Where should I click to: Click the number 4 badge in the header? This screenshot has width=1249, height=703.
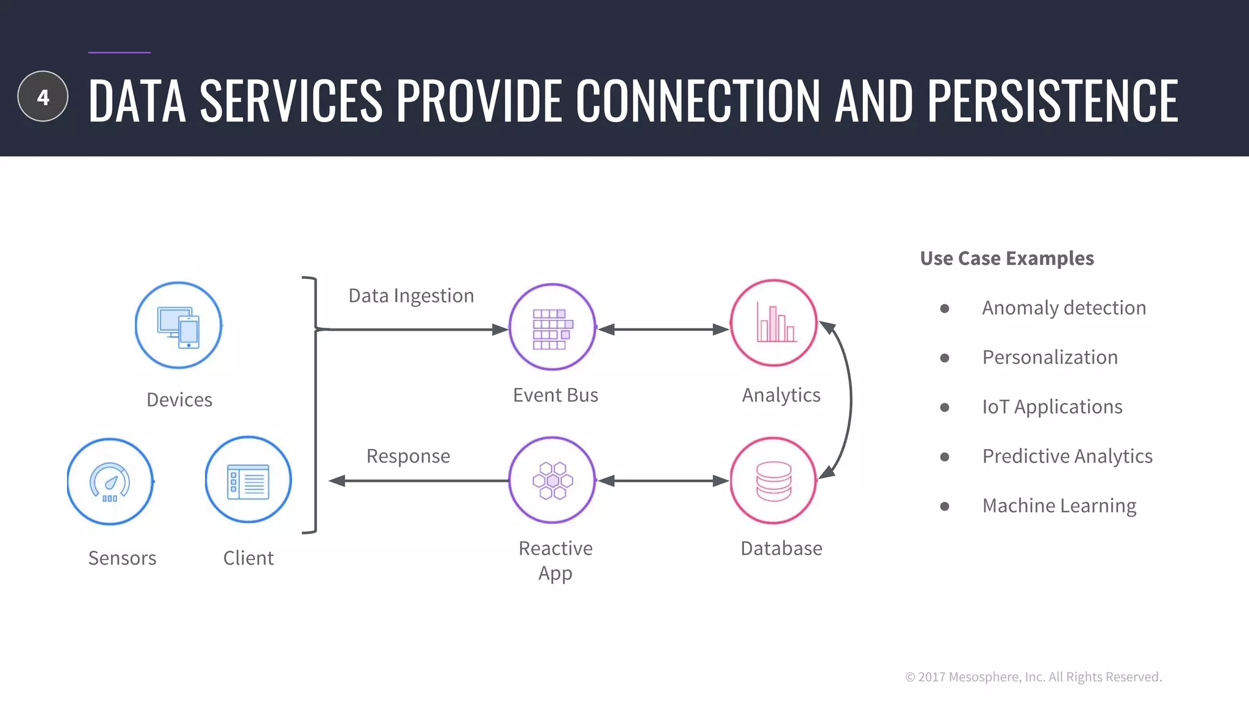(43, 96)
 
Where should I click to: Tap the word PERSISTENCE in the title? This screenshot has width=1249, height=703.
(1053, 101)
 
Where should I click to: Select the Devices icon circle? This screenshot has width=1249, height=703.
(178, 325)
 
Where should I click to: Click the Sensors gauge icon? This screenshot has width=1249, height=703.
(110, 481)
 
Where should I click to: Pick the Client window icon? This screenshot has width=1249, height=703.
(248, 480)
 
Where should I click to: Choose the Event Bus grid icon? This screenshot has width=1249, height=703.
(553, 328)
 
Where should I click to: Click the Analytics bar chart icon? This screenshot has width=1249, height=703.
(774, 323)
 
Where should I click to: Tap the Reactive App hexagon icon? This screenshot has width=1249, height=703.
(553, 480)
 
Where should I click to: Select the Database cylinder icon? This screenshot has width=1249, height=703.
(773, 480)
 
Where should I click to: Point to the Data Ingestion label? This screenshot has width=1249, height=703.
(411, 296)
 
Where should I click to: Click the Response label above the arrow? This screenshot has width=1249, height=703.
(408, 456)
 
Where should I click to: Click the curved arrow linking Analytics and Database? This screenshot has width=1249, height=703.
(849, 400)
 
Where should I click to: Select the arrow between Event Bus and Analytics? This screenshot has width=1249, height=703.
(663, 330)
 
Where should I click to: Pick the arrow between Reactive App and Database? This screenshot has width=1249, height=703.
(663, 481)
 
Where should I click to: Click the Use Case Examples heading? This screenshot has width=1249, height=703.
(1007, 259)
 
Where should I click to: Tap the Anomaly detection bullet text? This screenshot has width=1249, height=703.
(1064, 308)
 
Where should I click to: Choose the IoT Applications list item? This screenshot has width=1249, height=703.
(1052, 407)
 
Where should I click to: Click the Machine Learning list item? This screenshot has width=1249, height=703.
(1059, 506)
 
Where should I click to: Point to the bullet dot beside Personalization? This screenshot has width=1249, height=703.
(945, 358)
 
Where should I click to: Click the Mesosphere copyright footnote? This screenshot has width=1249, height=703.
(1033, 677)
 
